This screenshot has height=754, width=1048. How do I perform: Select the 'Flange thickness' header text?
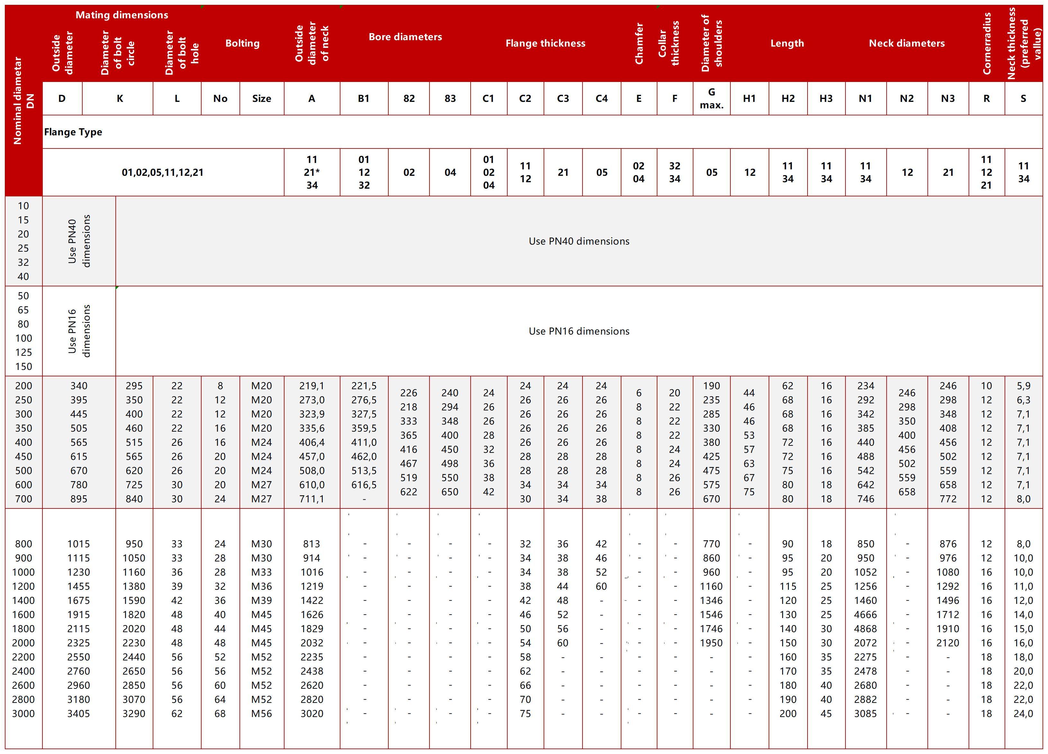(x=545, y=43)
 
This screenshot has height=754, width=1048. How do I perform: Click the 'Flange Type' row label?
(x=73, y=132)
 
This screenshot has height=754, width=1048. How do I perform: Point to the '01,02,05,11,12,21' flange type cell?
(x=163, y=172)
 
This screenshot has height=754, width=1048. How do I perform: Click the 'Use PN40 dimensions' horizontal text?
(x=579, y=241)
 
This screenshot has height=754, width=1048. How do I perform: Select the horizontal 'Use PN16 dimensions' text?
(x=579, y=331)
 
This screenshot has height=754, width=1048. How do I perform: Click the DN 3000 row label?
(x=23, y=714)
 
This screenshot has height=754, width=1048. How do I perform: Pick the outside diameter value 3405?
(x=78, y=714)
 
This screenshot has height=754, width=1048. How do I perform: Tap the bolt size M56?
(x=262, y=714)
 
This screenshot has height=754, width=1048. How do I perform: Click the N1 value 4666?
(x=865, y=615)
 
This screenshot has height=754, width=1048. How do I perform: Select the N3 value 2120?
(x=947, y=643)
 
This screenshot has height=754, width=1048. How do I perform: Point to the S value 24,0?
(x=1023, y=714)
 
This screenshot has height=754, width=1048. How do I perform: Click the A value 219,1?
(x=312, y=386)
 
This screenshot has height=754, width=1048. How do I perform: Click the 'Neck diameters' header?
(x=906, y=43)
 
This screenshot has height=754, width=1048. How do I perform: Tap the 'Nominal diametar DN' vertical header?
(x=23, y=101)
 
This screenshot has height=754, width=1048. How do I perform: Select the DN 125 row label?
(x=23, y=353)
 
